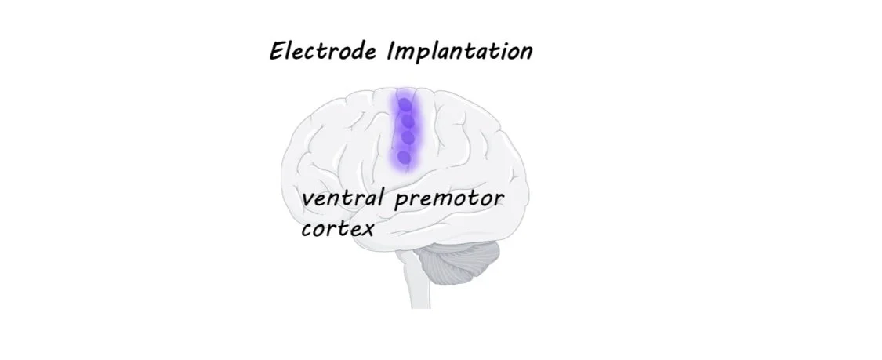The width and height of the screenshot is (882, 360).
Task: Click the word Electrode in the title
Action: coord(325,52)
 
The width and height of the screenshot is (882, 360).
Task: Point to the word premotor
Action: coord(448,199)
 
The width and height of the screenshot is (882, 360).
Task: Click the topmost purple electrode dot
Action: coord(405,104)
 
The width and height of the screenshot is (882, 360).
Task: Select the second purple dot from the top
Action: coord(406,121)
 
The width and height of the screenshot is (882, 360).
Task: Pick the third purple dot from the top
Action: coord(406,138)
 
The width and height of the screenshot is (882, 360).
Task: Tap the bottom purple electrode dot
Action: coord(404,157)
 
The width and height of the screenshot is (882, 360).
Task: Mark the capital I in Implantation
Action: coord(393,52)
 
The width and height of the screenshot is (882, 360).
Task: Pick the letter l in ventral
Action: coord(381,196)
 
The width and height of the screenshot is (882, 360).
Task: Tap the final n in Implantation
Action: coord(525,53)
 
